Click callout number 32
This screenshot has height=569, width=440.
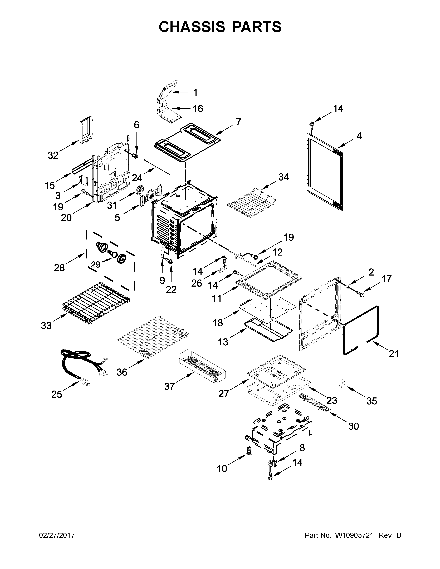[53, 156]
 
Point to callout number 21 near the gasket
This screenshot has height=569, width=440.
[394, 354]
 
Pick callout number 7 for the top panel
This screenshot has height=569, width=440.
[238, 122]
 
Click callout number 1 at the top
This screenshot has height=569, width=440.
[195, 92]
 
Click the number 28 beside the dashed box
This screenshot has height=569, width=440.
[59, 268]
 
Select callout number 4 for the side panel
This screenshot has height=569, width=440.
[359, 136]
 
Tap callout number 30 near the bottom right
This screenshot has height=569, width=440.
[353, 426]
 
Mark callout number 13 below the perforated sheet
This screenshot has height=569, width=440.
[223, 342]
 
